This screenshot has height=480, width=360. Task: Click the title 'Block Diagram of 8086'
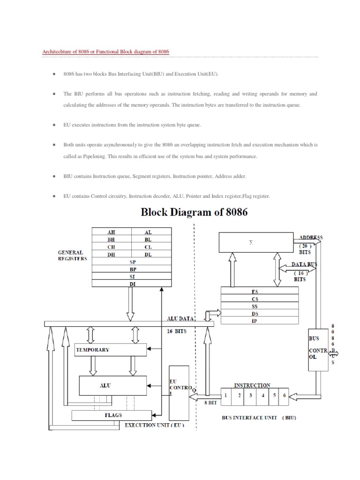point(195,212)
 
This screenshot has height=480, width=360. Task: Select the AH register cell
point(111,232)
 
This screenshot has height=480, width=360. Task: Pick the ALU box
point(105,385)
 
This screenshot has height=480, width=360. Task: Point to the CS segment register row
point(255,299)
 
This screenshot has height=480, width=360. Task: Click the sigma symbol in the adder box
point(251,243)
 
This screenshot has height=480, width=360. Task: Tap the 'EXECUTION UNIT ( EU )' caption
point(154,425)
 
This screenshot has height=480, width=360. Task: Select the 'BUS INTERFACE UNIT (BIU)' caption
point(259,417)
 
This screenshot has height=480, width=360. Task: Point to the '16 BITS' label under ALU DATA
point(177,331)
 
